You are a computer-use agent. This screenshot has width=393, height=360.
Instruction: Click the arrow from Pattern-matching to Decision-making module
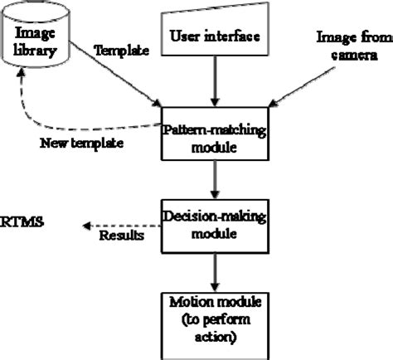tap(214, 178)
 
